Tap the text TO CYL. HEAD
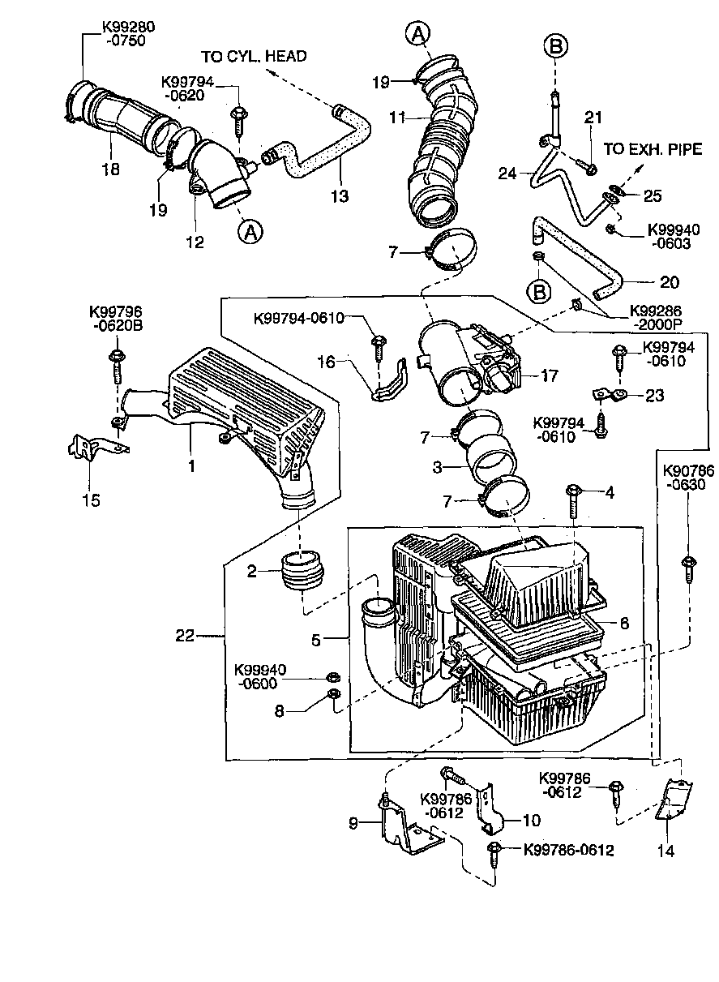254,56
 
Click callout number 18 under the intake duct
111,169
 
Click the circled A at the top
417,33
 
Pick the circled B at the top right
556,47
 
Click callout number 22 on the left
185,637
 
